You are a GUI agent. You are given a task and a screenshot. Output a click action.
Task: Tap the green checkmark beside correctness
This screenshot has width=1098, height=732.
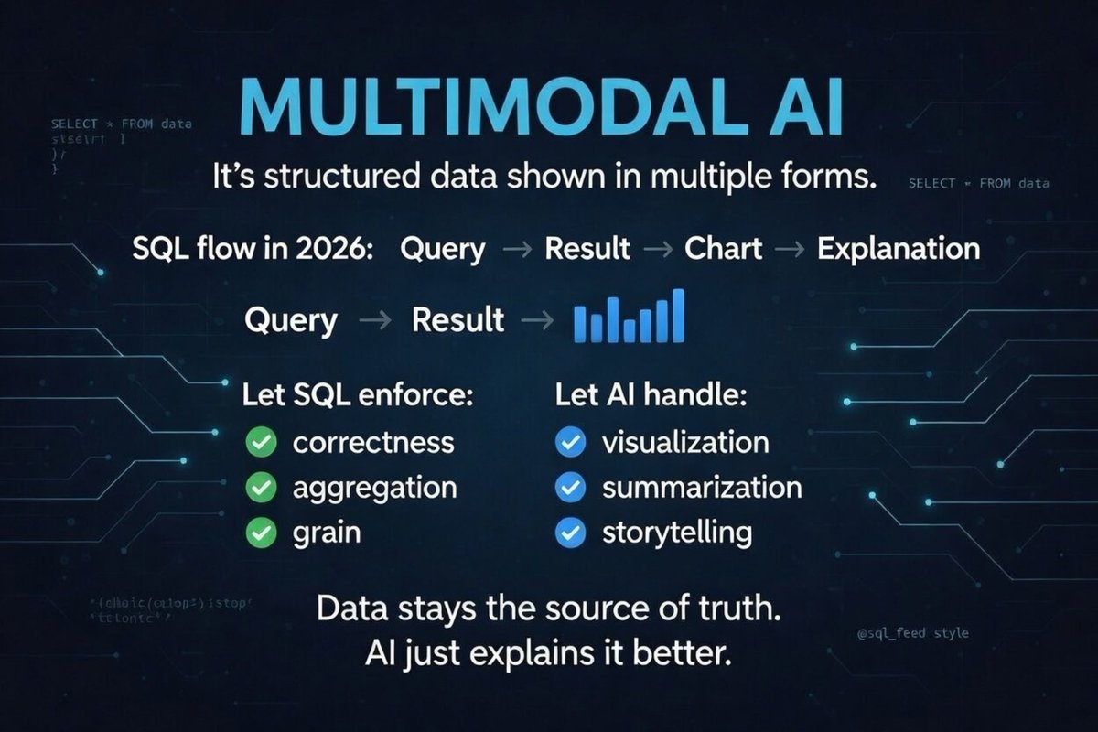click(x=262, y=443)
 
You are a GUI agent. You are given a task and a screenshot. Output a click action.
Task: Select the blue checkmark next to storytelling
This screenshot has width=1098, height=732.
click(x=571, y=531)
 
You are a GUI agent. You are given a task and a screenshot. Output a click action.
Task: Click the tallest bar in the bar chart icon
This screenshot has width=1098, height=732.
click(x=677, y=316)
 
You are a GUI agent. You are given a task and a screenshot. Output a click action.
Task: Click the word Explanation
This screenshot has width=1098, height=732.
click(x=898, y=248)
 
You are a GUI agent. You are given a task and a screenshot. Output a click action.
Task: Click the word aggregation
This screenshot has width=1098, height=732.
click(x=374, y=487)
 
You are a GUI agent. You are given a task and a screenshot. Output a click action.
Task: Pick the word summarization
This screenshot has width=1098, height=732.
click(x=701, y=487)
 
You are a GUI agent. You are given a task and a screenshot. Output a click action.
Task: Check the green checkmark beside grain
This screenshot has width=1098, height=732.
click(x=262, y=532)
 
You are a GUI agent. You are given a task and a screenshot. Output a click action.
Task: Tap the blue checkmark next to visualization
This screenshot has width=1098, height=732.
click(x=571, y=443)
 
